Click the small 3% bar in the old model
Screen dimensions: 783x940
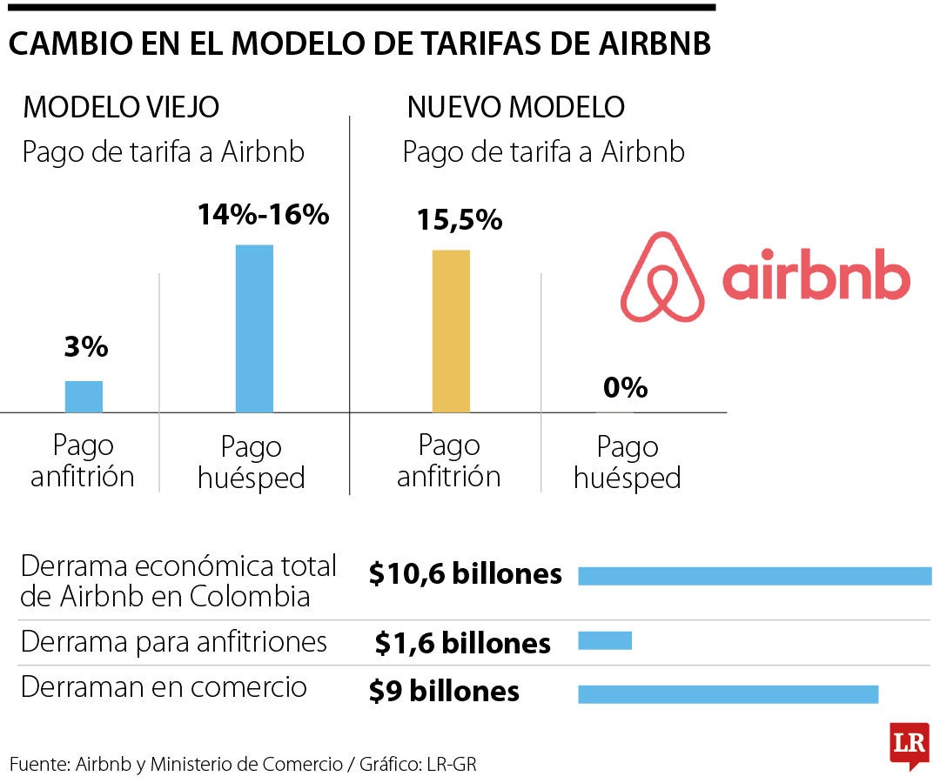coord(84,397)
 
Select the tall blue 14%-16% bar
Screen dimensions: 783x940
coord(254,329)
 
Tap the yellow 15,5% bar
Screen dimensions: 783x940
coord(451,331)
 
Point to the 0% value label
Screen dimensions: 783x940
coord(625,387)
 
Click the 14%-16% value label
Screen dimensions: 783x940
coord(263,215)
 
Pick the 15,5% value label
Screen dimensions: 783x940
coord(459,220)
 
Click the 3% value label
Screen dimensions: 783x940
coord(85,348)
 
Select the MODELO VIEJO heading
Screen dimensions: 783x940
coord(121,108)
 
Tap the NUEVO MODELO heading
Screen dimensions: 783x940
coord(515,108)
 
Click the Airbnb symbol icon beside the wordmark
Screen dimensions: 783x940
coord(662,277)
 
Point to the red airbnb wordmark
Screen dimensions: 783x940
coord(816,276)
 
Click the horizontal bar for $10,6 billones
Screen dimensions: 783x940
coord(755,576)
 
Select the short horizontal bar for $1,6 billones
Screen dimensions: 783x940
coord(605,641)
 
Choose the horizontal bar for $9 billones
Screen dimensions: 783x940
coord(728,693)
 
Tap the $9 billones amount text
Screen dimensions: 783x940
coord(444,691)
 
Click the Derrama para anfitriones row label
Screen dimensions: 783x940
coord(174,642)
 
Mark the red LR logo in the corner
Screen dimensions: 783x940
coord(910,745)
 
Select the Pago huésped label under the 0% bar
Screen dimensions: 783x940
coord(627,463)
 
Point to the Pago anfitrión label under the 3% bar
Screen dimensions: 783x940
coord(83,461)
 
